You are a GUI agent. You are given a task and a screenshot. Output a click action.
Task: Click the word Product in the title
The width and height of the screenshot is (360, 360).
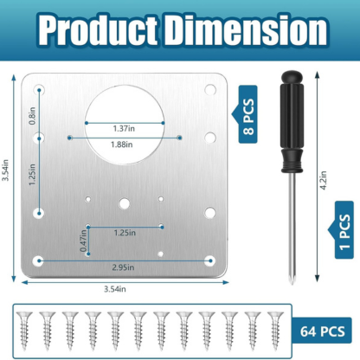coord(99,31)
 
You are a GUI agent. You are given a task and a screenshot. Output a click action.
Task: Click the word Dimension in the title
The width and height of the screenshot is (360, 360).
coord(245,30)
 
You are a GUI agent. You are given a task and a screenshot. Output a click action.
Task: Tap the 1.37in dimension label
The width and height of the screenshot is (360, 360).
coord(124,129)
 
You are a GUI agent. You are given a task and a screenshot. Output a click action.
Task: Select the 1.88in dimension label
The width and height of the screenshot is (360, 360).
coord(122,145)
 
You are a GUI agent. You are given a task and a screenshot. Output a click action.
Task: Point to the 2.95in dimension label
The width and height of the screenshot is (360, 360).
coord(123,267)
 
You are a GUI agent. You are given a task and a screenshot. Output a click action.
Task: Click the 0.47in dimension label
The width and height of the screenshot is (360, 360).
coord(83,241)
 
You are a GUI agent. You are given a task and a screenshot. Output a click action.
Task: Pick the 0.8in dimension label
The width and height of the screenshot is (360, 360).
coord(32,116)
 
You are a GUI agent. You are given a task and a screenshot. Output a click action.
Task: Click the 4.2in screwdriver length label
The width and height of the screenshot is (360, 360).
coord(324,180)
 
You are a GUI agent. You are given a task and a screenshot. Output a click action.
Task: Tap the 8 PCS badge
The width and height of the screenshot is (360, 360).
coord(247,114)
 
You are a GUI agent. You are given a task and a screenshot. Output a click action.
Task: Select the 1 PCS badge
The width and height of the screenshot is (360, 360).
coord(344,230)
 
